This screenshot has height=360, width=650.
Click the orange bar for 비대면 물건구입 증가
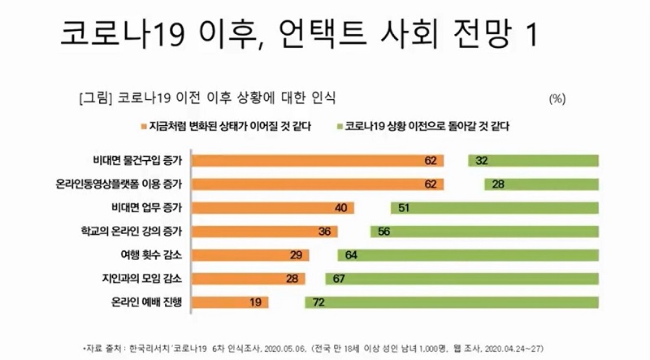coord(317,160)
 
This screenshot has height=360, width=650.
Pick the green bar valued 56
coord(484,232)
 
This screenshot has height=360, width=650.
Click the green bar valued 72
coord(451,303)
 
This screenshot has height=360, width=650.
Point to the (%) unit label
coord(557,98)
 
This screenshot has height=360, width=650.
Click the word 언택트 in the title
coord(323,34)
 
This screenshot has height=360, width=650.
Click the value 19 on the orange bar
coord(256,303)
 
